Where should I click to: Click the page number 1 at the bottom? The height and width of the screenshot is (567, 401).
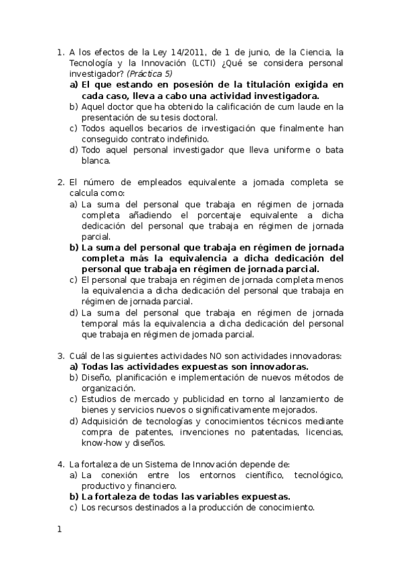pos(60,530)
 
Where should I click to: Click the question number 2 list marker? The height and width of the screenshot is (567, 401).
pos(60,182)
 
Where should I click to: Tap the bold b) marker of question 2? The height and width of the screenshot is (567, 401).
pos(74,247)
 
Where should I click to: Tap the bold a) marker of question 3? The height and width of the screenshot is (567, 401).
pos(74,366)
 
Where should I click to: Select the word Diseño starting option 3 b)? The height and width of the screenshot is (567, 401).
pos(96,377)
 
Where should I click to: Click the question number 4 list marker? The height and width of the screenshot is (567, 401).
pos(60,465)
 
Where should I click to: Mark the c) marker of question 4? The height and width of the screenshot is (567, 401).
pos(74,508)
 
